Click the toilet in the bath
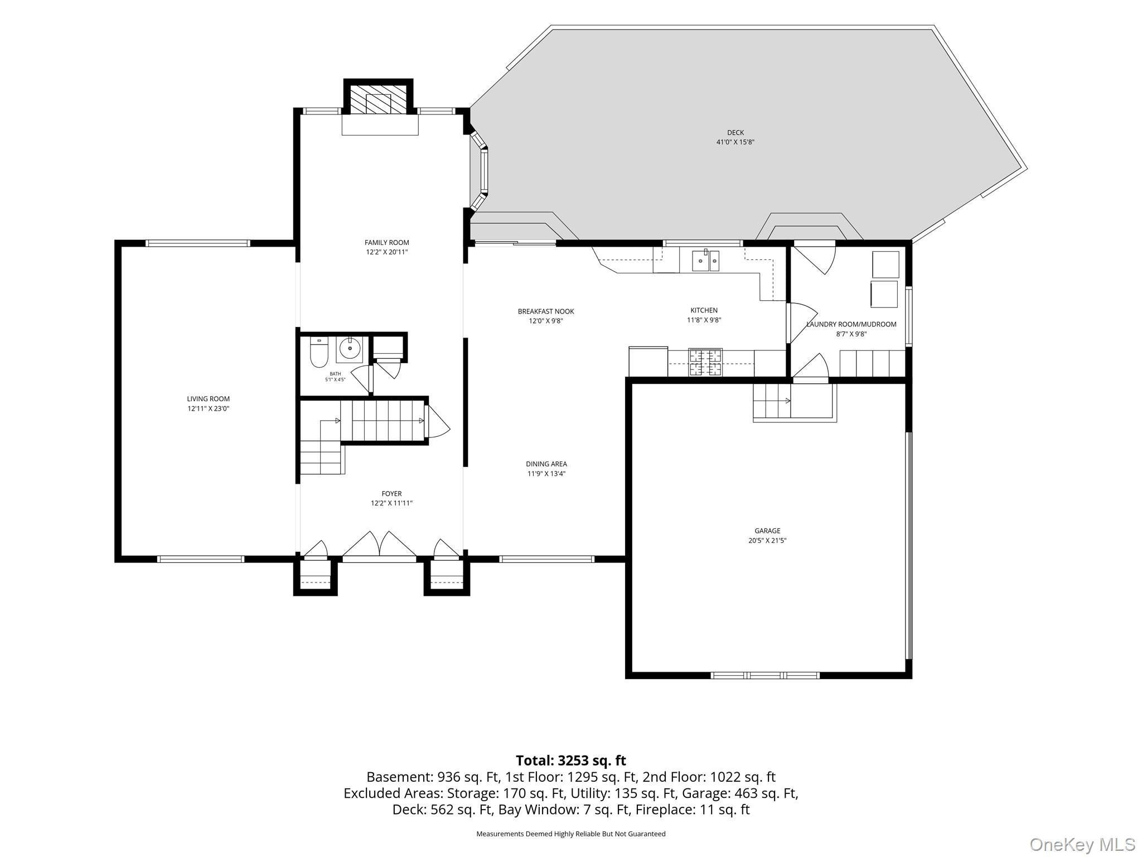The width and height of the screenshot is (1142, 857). [x=318, y=353]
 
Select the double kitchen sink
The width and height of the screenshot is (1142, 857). [x=705, y=260]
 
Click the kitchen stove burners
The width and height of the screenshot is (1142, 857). [x=705, y=362]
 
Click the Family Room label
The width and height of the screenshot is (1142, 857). [x=386, y=243]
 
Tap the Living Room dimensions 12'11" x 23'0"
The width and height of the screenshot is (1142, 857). [x=209, y=408]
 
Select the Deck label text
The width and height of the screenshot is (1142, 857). [x=735, y=133]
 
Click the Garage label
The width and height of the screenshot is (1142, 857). [x=768, y=531]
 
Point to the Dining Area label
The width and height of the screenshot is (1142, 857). [x=546, y=464]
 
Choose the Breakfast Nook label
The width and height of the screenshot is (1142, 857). [x=546, y=311]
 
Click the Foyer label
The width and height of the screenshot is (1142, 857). [x=391, y=494]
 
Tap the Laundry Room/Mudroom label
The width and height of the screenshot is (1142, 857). [x=851, y=324]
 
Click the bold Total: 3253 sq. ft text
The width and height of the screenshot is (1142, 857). [x=571, y=760]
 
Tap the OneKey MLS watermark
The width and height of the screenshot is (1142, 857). [x=1082, y=844]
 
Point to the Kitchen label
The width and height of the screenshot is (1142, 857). [x=704, y=310]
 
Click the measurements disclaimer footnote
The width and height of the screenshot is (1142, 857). [x=571, y=834]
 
